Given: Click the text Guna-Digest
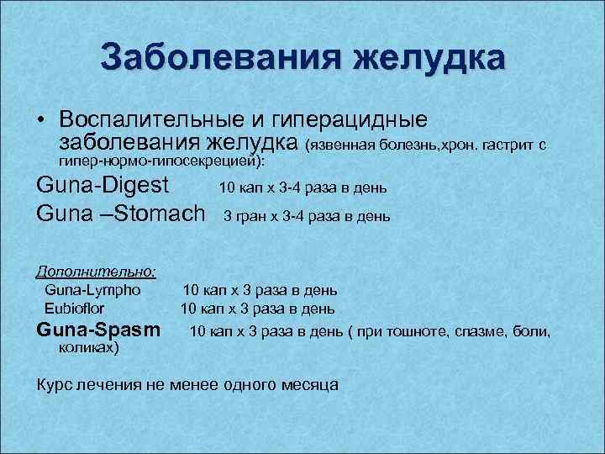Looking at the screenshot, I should pyautogui.click(x=103, y=185).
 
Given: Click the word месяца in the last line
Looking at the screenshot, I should pyautogui.click(x=308, y=385).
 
